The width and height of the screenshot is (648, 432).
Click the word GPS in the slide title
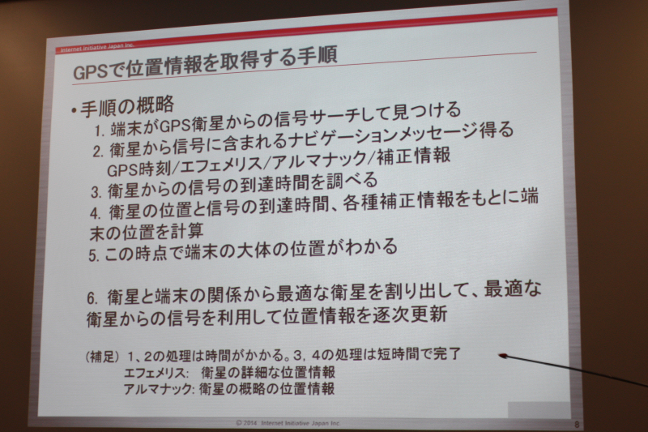click(90, 72)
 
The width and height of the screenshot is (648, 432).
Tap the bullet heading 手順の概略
click(127, 107)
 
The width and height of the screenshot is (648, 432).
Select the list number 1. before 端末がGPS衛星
click(99, 131)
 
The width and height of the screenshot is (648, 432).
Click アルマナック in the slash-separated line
click(318, 160)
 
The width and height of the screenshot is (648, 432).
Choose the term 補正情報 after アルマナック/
click(413, 156)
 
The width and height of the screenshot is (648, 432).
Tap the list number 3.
click(96, 192)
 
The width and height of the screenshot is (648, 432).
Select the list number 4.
click(95, 213)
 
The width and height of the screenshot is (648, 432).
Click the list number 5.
click(93, 256)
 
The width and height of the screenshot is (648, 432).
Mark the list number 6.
click(92, 298)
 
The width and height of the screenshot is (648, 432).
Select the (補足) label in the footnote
click(102, 357)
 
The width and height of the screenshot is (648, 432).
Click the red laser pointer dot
click(502, 356)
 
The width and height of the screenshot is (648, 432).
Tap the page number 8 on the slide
click(577, 424)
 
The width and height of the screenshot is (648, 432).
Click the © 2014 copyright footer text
click(288, 423)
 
